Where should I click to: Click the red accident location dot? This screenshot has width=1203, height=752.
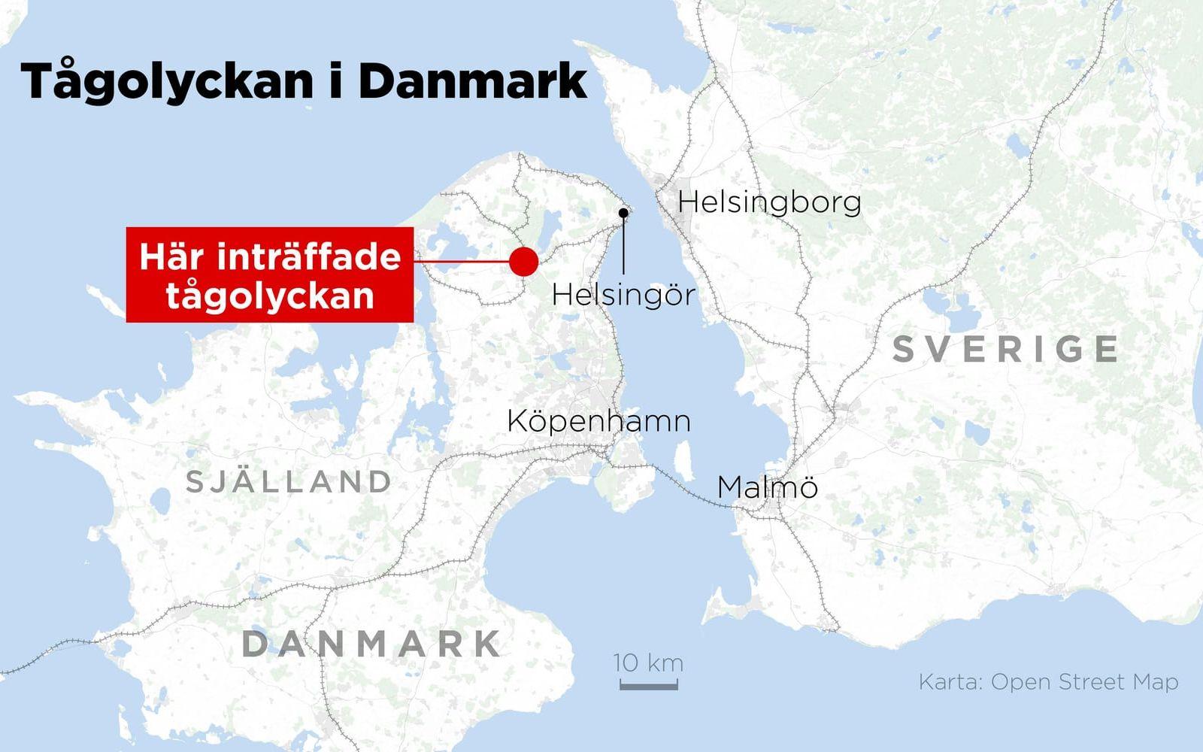[523, 261]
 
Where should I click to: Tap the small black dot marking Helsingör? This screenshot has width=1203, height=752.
[623, 213]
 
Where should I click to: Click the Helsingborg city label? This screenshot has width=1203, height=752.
[769, 202]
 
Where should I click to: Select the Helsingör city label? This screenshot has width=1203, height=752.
[623, 294]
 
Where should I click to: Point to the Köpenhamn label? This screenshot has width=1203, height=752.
[598, 420]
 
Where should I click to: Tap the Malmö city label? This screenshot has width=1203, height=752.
[767, 487]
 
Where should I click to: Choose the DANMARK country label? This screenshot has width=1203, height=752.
[372, 644]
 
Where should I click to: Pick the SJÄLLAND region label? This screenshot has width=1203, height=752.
[289, 481]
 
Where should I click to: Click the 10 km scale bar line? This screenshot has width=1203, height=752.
[648, 686]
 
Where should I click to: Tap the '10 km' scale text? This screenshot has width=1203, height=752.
[648, 663]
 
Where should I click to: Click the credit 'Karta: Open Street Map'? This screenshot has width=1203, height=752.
[1048, 682]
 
